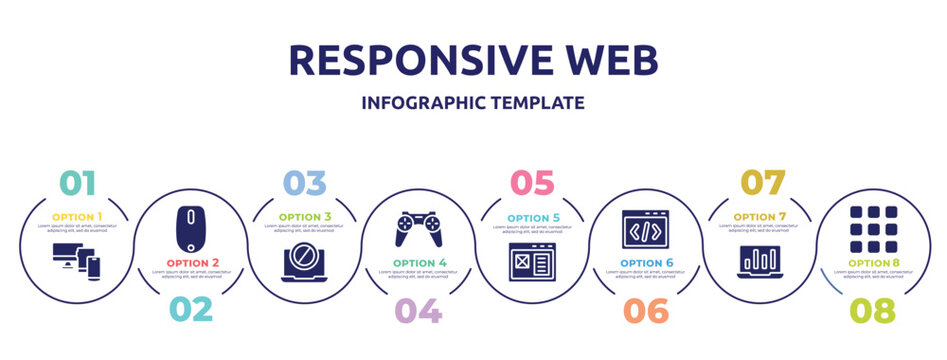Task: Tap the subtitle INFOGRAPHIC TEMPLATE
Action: click(x=473, y=102)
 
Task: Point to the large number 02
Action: click(x=190, y=309)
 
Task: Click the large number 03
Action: click(x=304, y=183)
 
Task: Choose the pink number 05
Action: click(x=532, y=183)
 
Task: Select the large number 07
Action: click(x=759, y=183)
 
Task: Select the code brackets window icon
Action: click(x=645, y=229)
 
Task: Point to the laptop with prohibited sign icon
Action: click(x=304, y=262)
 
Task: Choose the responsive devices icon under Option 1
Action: click(x=77, y=262)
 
